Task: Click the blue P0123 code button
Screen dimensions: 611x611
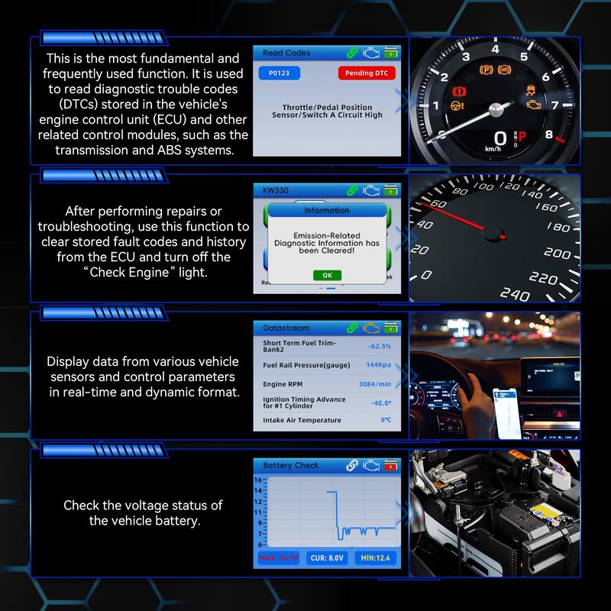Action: pyautogui.click(x=278, y=73)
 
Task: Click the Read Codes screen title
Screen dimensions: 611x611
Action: pyautogui.click(x=286, y=53)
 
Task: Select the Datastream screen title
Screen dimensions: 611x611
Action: pyautogui.click(x=286, y=328)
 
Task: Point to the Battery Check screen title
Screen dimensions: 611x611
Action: pyautogui.click(x=290, y=465)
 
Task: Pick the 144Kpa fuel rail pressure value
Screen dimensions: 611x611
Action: pyautogui.click(x=378, y=364)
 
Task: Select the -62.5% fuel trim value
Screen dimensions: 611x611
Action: pyautogui.click(x=379, y=346)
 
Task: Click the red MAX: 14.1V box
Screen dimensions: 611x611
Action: pyautogui.click(x=276, y=558)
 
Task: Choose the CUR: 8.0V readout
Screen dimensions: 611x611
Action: pyautogui.click(x=327, y=558)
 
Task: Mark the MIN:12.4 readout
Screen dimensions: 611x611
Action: pyautogui.click(x=376, y=558)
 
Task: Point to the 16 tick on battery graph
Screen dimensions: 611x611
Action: pyautogui.click(x=258, y=480)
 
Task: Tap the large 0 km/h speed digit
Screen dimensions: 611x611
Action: pyautogui.click(x=500, y=137)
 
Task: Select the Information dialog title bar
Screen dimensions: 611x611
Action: pyautogui.click(x=326, y=210)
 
